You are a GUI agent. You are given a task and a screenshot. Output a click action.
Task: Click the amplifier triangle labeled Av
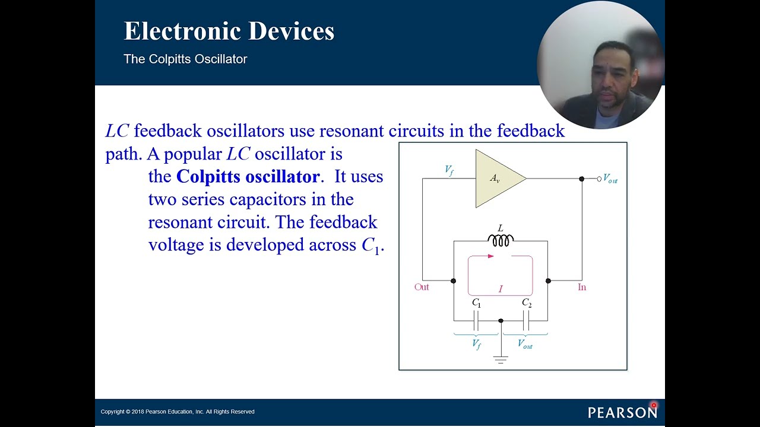(496, 178)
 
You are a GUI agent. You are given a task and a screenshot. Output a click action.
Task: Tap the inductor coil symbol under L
(501, 240)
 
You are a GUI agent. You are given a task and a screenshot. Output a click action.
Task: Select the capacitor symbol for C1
(476, 321)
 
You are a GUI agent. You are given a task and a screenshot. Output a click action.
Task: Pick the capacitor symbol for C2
(525, 321)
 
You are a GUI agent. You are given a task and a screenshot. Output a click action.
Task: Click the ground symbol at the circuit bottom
(501, 359)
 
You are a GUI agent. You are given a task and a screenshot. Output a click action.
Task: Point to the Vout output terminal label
(610, 179)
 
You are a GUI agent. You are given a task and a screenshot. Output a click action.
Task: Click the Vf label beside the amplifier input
(449, 170)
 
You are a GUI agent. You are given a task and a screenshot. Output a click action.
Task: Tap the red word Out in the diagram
(422, 287)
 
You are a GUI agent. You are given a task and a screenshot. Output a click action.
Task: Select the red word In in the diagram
(582, 287)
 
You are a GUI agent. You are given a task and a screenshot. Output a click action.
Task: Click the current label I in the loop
(501, 289)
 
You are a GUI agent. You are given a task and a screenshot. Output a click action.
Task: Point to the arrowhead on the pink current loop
(490, 256)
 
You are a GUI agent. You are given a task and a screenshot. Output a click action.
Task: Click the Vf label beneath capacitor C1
(476, 344)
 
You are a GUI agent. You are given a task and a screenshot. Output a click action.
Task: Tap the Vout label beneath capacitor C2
(525, 344)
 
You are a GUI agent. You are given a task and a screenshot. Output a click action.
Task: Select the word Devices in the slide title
(291, 31)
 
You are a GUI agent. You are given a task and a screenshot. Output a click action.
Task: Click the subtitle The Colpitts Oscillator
(185, 59)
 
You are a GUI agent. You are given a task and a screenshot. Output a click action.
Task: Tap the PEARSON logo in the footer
(622, 412)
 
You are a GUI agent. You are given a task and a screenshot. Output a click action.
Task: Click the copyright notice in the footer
(178, 412)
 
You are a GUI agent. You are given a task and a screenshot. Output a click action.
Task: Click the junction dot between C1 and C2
(501, 321)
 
